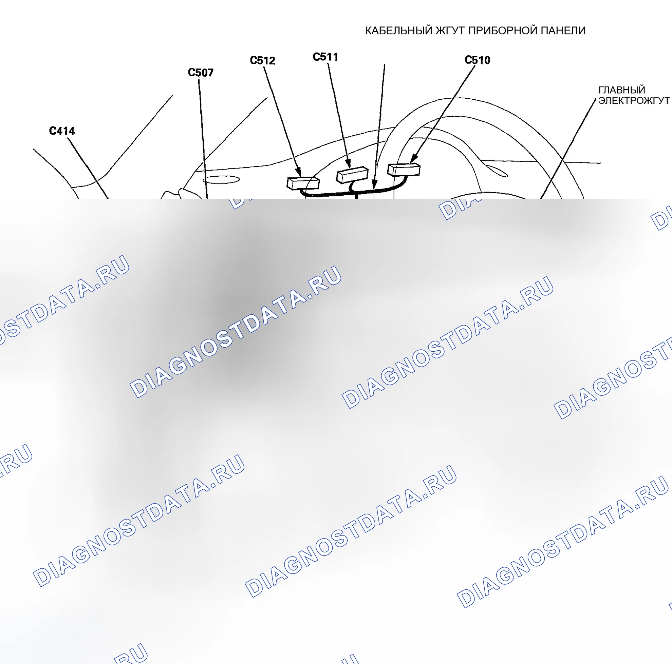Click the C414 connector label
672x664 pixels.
[62, 131]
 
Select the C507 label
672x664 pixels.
[201, 73]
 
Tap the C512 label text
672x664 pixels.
[263, 61]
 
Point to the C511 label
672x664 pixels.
[325, 57]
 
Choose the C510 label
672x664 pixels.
[478, 60]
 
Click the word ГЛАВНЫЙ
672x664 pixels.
[622, 90]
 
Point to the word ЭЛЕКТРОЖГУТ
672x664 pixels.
[634, 101]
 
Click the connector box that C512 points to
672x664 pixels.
[303, 183]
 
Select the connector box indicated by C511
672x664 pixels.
[352, 174]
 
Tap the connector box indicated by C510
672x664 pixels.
[404, 170]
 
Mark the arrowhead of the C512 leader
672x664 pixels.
[298, 172]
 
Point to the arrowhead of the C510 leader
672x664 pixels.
[414, 158]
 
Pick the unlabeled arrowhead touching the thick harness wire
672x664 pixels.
[374, 184]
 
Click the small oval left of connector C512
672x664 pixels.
[221, 180]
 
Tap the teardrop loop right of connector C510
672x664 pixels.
[493, 170]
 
